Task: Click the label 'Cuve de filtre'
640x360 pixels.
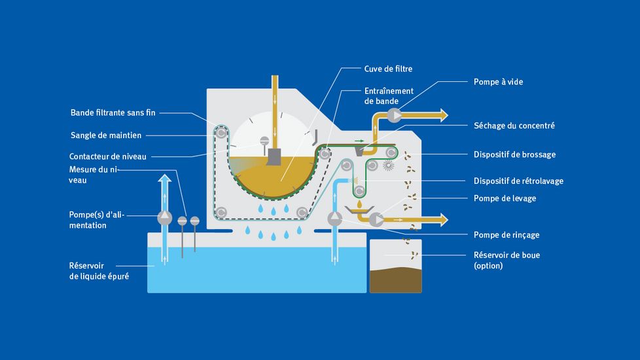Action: (389, 68)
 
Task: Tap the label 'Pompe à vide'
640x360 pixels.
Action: (498, 82)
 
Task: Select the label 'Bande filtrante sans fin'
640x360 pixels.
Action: (113, 113)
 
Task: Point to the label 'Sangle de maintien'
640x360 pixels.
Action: (105, 135)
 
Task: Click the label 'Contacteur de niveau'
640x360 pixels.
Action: (108, 156)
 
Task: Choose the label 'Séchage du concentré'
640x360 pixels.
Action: (514, 125)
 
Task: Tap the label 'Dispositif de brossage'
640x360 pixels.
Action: (514, 154)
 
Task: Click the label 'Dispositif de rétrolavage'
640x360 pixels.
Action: (518, 181)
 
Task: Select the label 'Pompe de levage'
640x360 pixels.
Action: (505, 198)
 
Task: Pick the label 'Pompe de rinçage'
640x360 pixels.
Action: (507, 234)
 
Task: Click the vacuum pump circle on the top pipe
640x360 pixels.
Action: (395, 116)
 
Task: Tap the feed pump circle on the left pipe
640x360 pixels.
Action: (165, 217)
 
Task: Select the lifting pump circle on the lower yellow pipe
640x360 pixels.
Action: (377, 220)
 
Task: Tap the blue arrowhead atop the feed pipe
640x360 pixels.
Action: (165, 178)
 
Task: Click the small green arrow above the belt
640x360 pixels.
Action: (359, 139)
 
